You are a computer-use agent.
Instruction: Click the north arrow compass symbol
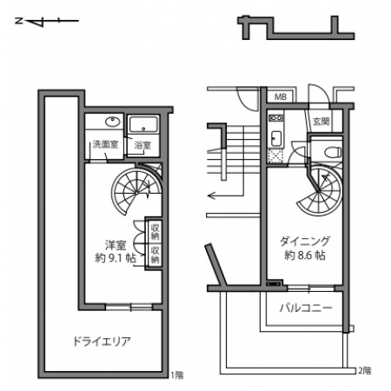[x=47, y=21]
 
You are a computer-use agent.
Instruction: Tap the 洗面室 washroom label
[x=105, y=144]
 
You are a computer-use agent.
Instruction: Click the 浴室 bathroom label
[x=142, y=145]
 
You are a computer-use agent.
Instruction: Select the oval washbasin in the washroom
[x=113, y=122]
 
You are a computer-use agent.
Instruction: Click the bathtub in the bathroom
[x=143, y=125]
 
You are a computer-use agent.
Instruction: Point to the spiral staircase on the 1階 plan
[x=136, y=190]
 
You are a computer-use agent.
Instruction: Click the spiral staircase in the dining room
[x=321, y=190]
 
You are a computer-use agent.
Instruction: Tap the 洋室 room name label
[x=116, y=245]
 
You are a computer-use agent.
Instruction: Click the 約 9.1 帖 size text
[x=116, y=258]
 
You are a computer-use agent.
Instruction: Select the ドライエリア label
[x=102, y=341]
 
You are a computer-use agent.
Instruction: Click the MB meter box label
[x=281, y=96]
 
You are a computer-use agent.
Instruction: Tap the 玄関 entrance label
[x=321, y=122]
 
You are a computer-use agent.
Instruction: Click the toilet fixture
[x=332, y=152]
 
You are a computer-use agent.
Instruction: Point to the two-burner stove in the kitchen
[x=275, y=118]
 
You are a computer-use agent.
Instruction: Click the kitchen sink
[x=275, y=139]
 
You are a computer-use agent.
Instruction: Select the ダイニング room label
[x=305, y=242]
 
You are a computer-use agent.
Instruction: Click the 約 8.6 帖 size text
[x=305, y=255]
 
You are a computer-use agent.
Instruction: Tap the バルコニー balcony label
[x=306, y=308]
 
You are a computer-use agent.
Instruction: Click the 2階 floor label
[x=365, y=370]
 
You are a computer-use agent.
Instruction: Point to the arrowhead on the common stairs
[x=211, y=196]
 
